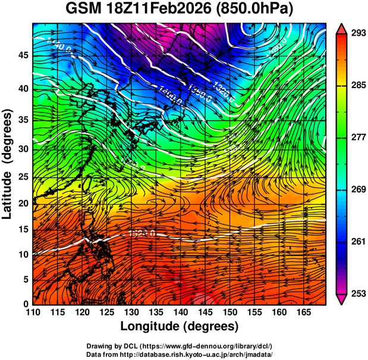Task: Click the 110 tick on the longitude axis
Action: pyautogui.click(x=33, y=313)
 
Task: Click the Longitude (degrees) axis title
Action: pyautogui.click(x=180, y=326)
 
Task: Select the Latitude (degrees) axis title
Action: pyautogui.click(x=8, y=164)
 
